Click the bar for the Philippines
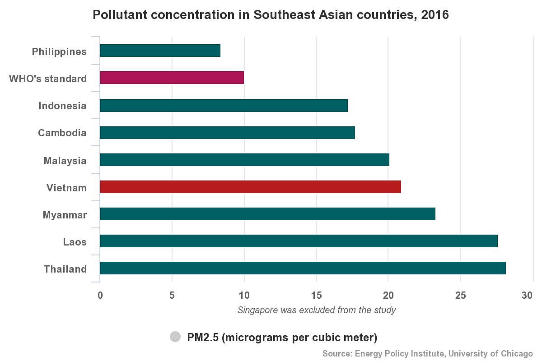coord(160,51)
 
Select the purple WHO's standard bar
coord(172,78)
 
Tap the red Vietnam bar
coord(251,187)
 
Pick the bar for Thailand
coord(303,268)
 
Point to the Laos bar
coord(299,241)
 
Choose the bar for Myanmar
coord(267,214)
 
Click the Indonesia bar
coord(224,106)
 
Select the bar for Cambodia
coord(228,133)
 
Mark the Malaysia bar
coord(244,160)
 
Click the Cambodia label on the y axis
coord(62,133)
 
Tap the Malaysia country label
coord(65,161)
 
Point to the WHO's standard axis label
coord(48,79)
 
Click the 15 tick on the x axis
coord(316,296)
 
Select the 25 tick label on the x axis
coord(460,296)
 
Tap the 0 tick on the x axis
coord(100,296)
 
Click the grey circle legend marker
coord(175,337)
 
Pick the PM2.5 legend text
coord(282,338)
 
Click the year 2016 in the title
coord(435,15)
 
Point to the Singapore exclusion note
coord(317,310)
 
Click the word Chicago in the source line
coord(517,353)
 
